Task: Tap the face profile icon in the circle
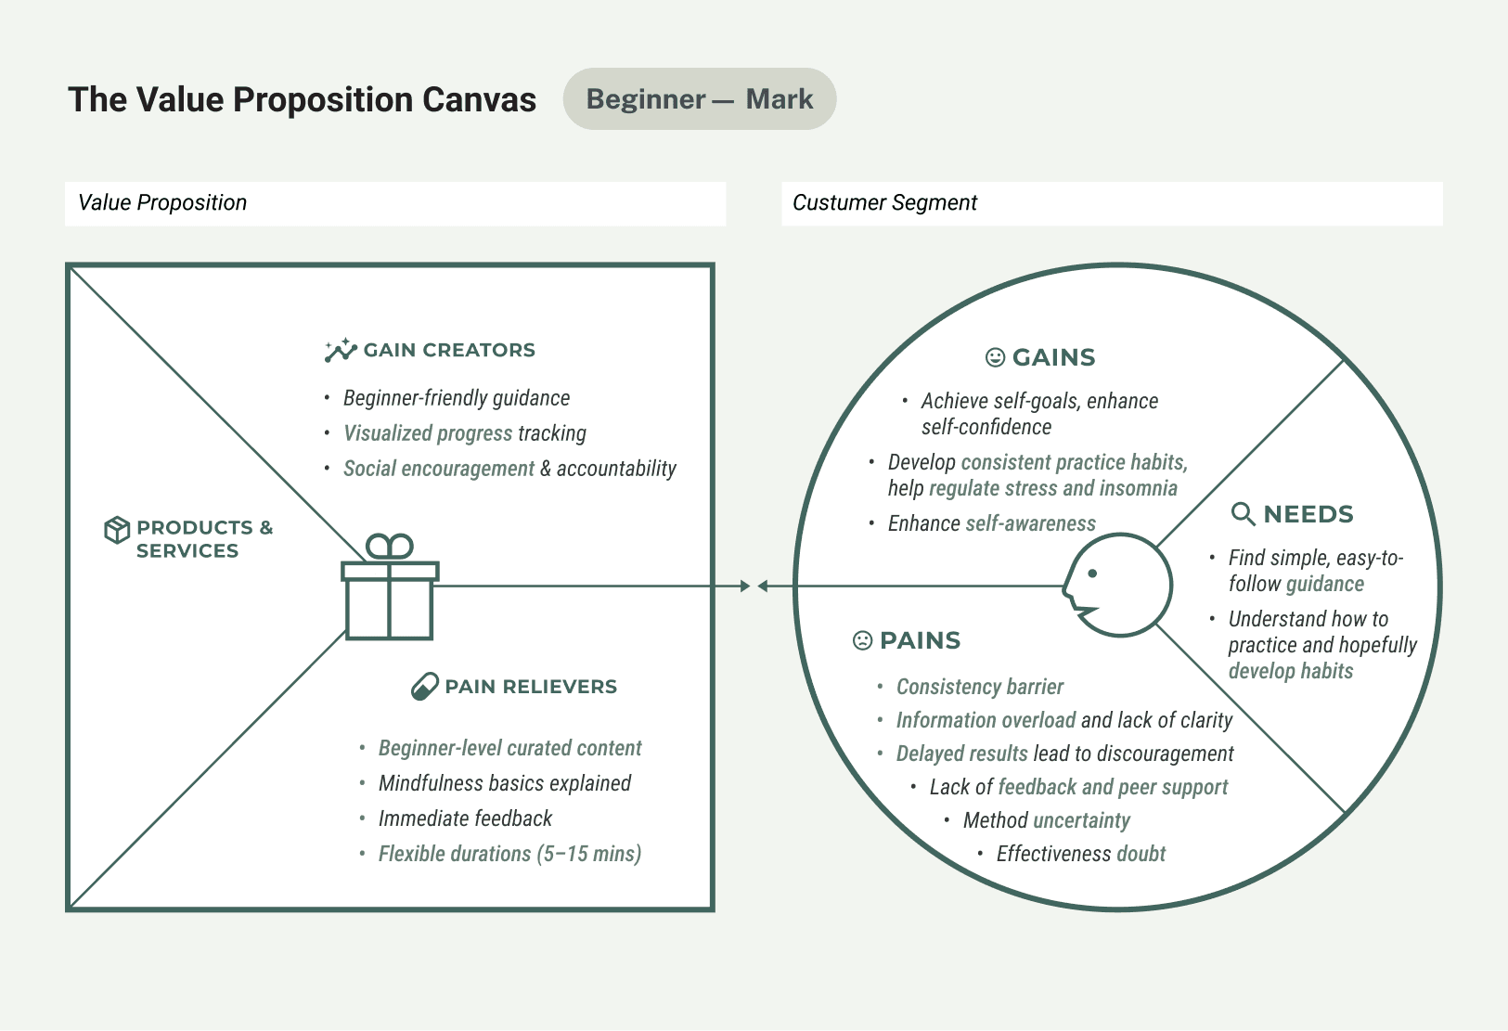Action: click(x=1117, y=586)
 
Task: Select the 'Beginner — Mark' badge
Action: click(x=699, y=99)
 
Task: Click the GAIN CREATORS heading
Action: click(x=449, y=350)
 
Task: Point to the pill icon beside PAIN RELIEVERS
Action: click(x=424, y=687)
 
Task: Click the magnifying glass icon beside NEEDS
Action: click(x=1243, y=514)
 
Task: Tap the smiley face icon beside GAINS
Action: click(x=995, y=357)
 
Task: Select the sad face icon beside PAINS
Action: click(x=862, y=640)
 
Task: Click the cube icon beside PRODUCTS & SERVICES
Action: click(x=117, y=530)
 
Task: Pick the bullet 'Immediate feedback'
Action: click(x=465, y=818)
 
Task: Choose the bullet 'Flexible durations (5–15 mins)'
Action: click(x=509, y=854)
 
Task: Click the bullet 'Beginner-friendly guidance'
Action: click(x=457, y=398)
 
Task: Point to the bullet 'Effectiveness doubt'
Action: click(x=1080, y=854)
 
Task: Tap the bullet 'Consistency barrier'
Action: click(x=979, y=687)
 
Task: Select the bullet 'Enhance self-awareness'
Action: click(x=991, y=523)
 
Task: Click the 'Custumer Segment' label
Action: click(x=884, y=203)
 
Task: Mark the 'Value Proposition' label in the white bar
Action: click(x=162, y=203)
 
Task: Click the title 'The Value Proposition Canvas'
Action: click(x=302, y=99)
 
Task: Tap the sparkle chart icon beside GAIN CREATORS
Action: click(x=341, y=350)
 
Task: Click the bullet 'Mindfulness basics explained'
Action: click(x=504, y=783)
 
